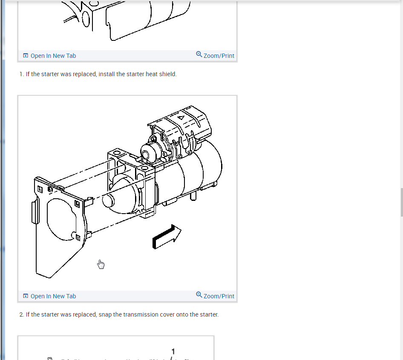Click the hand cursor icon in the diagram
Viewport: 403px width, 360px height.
(x=101, y=264)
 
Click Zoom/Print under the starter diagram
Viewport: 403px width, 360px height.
(x=219, y=296)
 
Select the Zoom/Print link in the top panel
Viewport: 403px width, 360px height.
(x=219, y=56)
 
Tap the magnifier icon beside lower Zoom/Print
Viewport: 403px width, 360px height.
(x=199, y=295)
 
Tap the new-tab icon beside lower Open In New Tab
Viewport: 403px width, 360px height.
(x=26, y=296)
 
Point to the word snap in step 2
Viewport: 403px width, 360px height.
(x=106, y=315)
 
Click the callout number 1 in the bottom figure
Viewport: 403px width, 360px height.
(x=173, y=351)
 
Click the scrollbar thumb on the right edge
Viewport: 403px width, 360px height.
(x=401, y=202)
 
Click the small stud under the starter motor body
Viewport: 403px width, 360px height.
(x=194, y=195)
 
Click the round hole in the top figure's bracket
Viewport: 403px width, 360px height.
(x=86, y=19)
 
